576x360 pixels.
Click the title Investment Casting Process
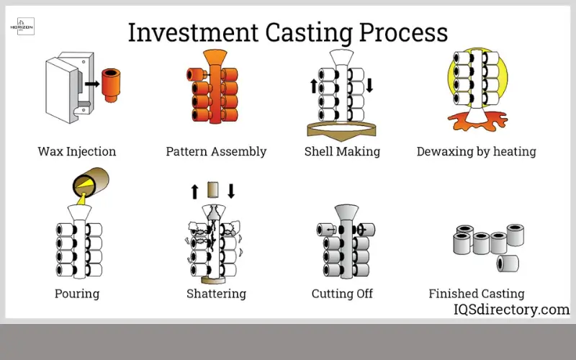pos(288,32)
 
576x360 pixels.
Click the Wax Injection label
pos(76,152)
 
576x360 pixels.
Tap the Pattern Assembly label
pos(216,152)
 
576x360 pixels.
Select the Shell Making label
pos(342,152)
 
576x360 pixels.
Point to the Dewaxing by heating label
pos(477,152)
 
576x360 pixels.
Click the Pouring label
pos(76,294)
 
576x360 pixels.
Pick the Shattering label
pos(216,294)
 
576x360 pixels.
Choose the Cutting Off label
pos(342,294)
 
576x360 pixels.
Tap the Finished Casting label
pos(477,294)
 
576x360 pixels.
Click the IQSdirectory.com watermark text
pos(510,310)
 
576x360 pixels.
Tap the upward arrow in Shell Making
pos(313,86)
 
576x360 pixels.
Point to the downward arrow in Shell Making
pos(369,86)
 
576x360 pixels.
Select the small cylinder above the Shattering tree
pos(212,190)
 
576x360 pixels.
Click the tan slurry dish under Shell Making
pos(342,130)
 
